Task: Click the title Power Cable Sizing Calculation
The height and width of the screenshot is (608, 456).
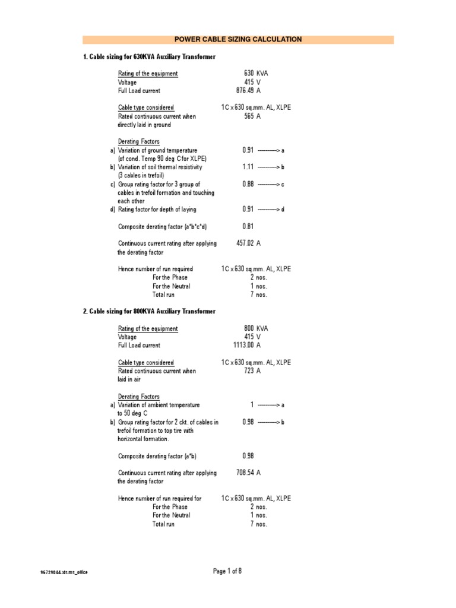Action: pyautogui.click(x=237, y=40)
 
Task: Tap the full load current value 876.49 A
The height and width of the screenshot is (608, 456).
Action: pyautogui.click(x=248, y=91)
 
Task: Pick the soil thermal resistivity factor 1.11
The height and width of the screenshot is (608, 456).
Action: pyautogui.click(x=248, y=167)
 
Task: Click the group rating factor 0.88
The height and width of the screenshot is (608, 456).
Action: pyautogui.click(x=248, y=185)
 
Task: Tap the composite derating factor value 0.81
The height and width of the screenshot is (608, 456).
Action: pyautogui.click(x=248, y=226)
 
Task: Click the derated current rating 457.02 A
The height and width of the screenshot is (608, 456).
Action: pyautogui.click(x=249, y=243)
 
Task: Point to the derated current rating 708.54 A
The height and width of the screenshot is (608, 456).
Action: pyautogui.click(x=249, y=473)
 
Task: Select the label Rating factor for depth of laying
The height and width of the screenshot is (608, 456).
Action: pyautogui.click(x=157, y=210)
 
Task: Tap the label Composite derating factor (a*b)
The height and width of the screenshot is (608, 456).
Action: pyautogui.click(x=157, y=456)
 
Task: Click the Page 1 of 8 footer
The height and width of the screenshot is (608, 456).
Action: pyautogui.click(x=227, y=571)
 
